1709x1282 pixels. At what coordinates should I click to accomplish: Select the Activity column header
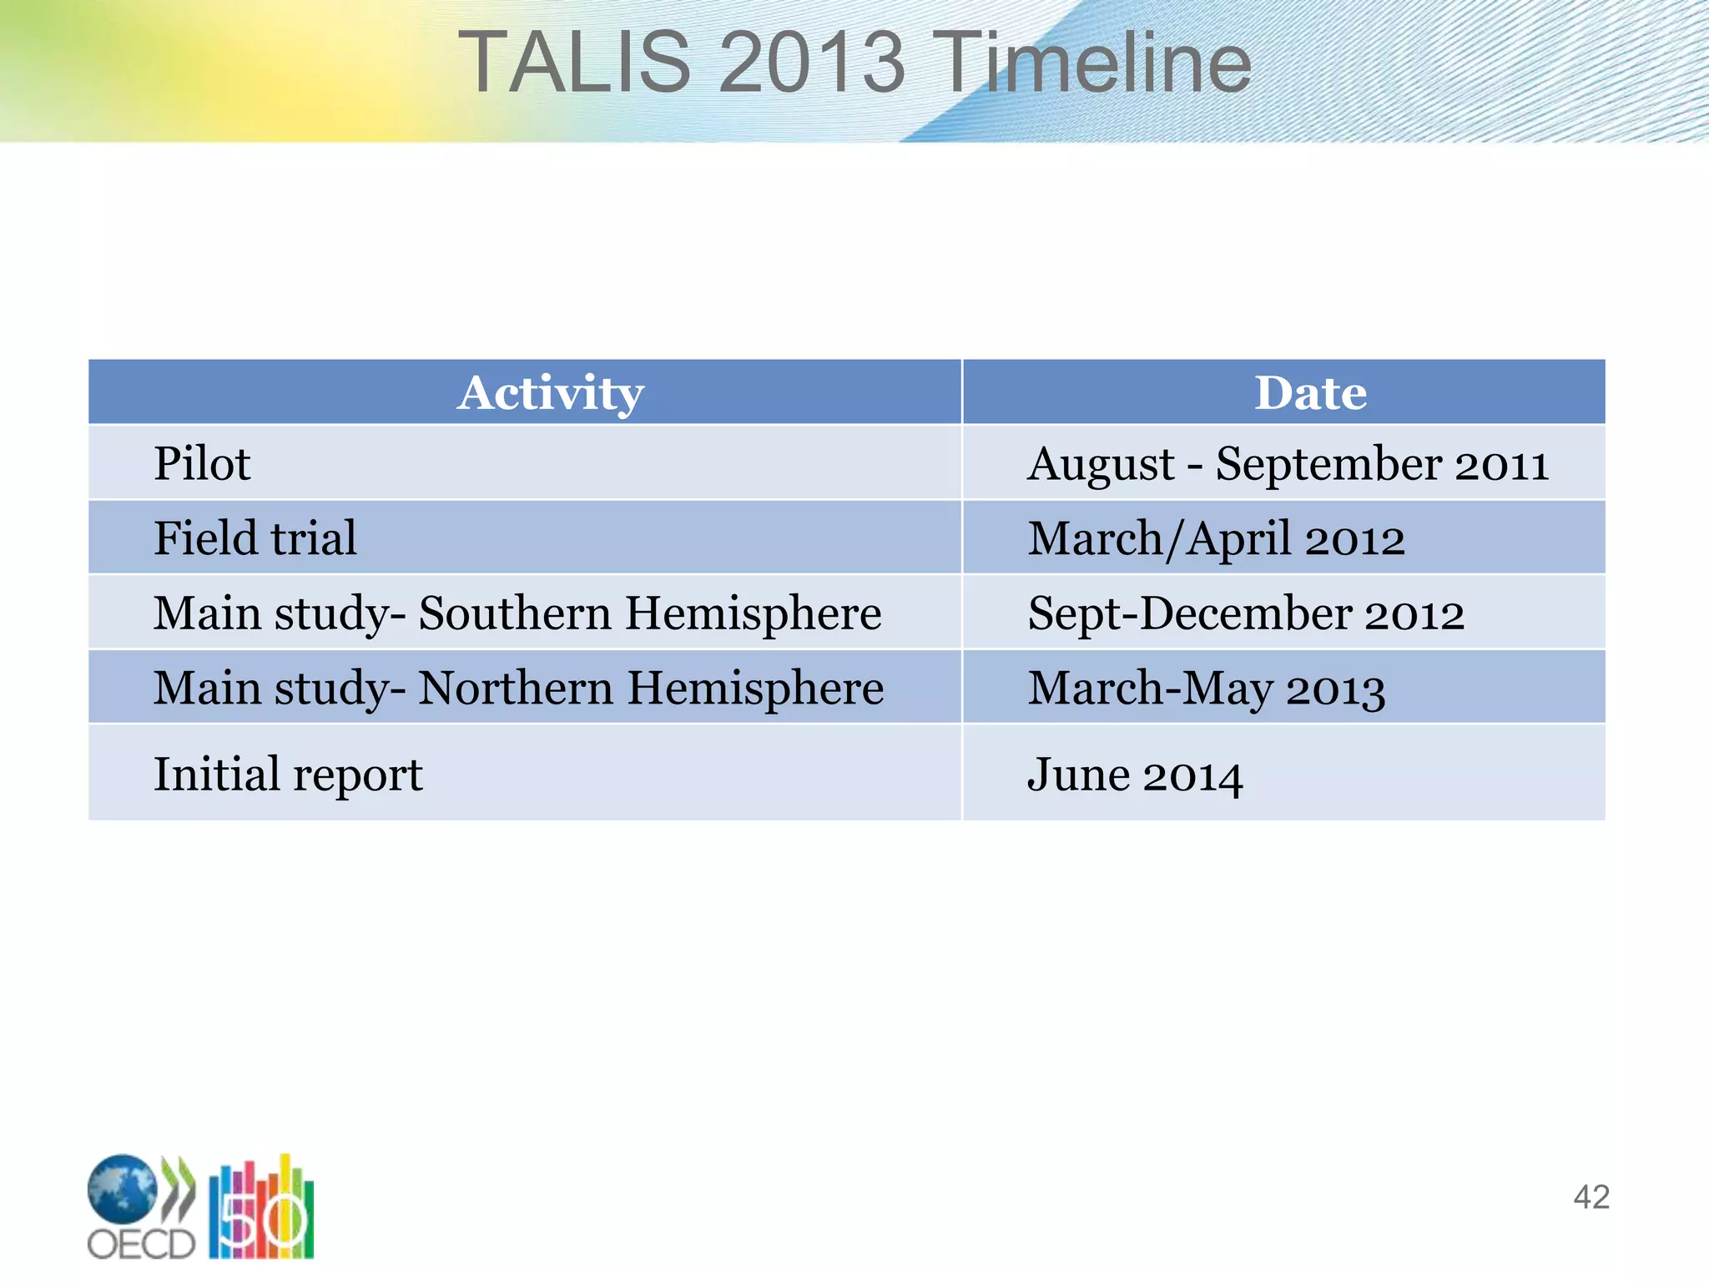(x=550, y=392)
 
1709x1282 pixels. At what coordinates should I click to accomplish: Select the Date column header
(x=1310, y=392)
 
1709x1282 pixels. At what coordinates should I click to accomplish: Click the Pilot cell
(x=202, y=463)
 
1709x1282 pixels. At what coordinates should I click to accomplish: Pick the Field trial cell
(x=255, y=538)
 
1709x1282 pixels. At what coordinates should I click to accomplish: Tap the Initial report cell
(x=288, y=774)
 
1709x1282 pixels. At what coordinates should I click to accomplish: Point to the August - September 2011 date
(x=1288, y=463)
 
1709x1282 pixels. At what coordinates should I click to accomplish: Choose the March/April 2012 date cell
(x=1216, y=538)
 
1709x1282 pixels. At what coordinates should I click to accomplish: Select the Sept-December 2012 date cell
(x=1245, y=613)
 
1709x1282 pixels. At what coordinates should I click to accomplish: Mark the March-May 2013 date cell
(x=1206, y=689)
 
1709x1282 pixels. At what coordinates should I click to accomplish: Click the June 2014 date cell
(x=1135, y=775)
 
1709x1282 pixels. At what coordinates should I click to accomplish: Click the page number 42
(x=1591, y=1197)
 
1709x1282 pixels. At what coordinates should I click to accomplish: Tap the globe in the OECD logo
(x=122, y=1189)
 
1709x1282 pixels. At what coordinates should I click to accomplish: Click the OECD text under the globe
(x=140, y=1244)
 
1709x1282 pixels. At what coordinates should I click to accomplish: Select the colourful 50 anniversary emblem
(x=261, y=1210)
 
